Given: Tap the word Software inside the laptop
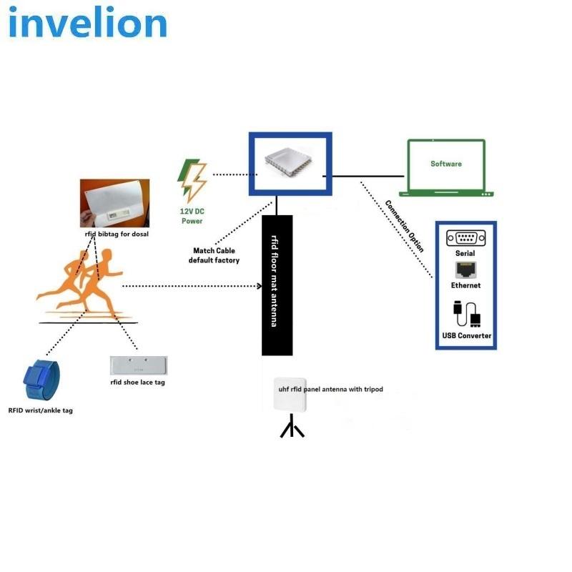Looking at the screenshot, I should click(x=446, y=164).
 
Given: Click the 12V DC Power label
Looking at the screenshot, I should click(x=192, y=216).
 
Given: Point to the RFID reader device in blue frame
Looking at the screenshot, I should click(x=290, y=163).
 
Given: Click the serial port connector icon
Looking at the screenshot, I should click(x=465, y=237).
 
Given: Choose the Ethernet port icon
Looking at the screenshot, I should click(x=465, y=270).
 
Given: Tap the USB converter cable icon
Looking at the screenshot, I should click(x=465, y=315).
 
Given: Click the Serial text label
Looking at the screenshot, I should click(x=465, y=253).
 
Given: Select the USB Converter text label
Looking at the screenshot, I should click(x=466, y=335).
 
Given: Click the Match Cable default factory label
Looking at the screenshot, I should click(x=214, y=255).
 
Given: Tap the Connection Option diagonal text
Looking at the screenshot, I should click(x=405, y=226).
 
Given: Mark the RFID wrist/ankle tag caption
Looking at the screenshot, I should click(x=41, y=410).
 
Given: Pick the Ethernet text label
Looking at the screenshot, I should click(x=465, y=285).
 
